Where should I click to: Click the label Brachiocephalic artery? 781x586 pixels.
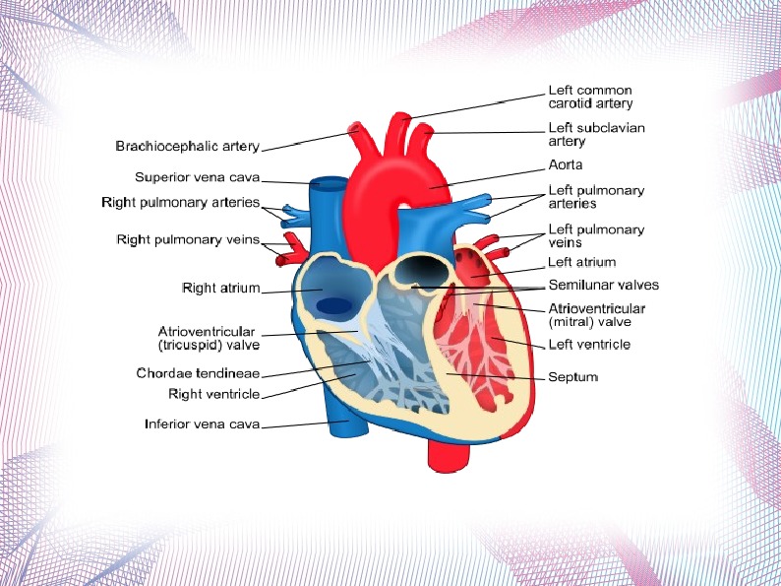pyautogui.click(x=187, y=147)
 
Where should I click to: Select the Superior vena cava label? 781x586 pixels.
pyautogui.click(x=197, y=177)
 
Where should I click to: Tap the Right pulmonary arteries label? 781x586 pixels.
pyautogui.click(x=180, y=203)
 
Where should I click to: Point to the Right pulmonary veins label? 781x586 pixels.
pyautogui.click(x=188, y=239)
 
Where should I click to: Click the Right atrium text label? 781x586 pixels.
pyautogui.click(x=220, y=289)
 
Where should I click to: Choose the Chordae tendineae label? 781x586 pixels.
pyautogui.click(x=198, y=373)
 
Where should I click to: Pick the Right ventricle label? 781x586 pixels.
pyautogui.click(x=213, y=394)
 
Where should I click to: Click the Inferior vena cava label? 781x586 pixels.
pyautogui.click(x=202, y=424)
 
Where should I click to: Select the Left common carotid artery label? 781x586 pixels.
pyautogui.click(x=590, y=97)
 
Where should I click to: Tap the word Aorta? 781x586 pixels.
pyautogui.click(x=566, y=164)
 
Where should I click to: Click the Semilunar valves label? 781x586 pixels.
pyautogui.click(x=603, y=285)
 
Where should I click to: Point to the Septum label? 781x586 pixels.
pyautogui.click(x=572, y=376)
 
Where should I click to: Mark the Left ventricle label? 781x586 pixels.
pyautogui.click(x=589, y=345)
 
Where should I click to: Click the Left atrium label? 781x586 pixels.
pyautogui.click(x=581, y=262)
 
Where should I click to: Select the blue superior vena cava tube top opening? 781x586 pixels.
pyautogui.click(x=330, y=183)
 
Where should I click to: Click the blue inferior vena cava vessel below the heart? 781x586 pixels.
pyautogui.click(x=346, y=429)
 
